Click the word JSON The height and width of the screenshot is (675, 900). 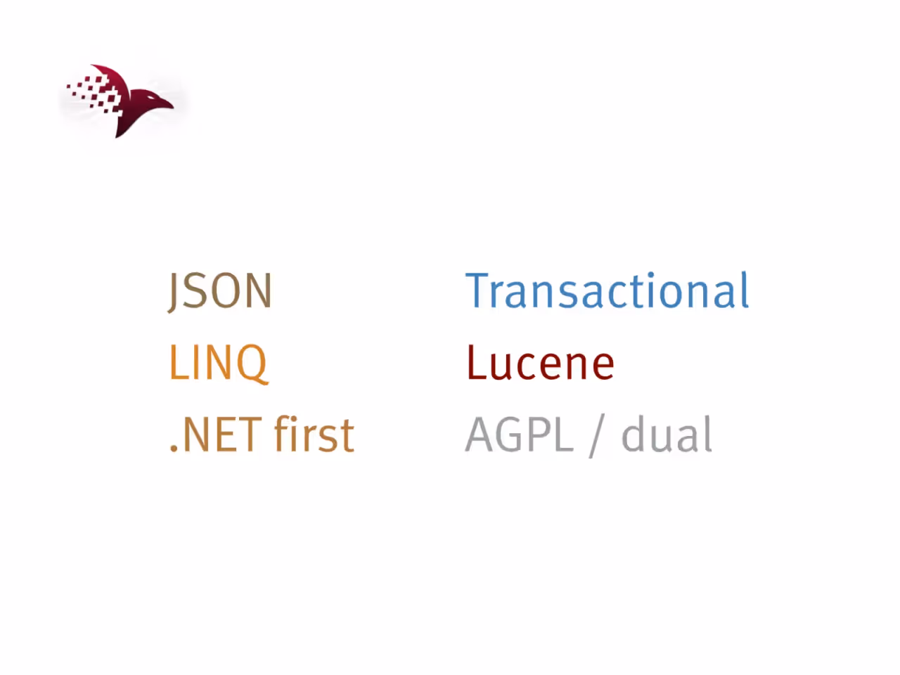point(220,290)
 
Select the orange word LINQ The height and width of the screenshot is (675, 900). point(219,363)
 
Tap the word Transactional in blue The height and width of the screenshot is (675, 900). point(607,290)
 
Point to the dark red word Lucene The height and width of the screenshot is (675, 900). point(541,363)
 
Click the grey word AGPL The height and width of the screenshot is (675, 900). point(519,435)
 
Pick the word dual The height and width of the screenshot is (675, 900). point(667,434)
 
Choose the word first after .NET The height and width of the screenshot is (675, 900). point(314,434)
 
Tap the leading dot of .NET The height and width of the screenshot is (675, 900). point(174,449)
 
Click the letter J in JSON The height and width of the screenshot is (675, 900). point(173,292)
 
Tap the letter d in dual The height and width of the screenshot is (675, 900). point(635,434)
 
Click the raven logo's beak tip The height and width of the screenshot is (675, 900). point(174,108)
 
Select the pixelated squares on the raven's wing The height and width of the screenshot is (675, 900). point(94,94)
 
